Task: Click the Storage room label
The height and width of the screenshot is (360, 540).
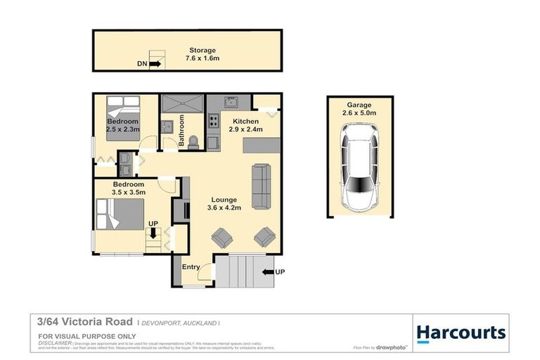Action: [202, 50]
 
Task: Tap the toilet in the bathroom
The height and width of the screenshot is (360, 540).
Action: [195, 140]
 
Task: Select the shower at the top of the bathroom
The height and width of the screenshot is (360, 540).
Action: [182, 103]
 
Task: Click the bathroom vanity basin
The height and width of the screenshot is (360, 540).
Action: [167, 127]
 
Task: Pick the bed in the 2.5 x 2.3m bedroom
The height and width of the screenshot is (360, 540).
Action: [123, 115]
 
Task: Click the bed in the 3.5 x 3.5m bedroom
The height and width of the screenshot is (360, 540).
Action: [120, 214]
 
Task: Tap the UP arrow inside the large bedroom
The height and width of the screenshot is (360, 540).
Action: [153, 232]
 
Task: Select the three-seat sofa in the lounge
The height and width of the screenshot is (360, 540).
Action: [261, 186]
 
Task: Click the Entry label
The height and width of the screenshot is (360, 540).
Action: [191, 267]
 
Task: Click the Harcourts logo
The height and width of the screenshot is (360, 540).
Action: [460, 333]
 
